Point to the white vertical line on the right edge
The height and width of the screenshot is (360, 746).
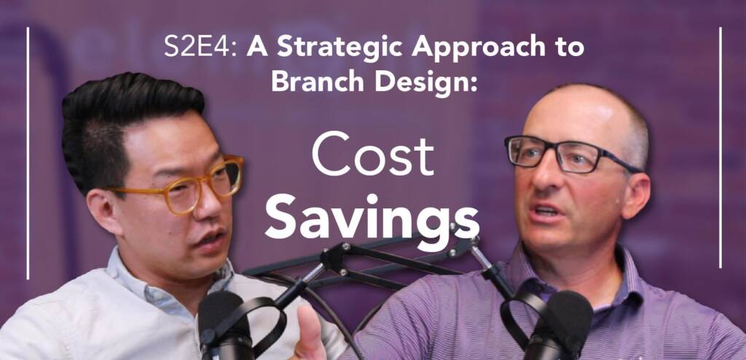pyautogui.click(x=721, y=146)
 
